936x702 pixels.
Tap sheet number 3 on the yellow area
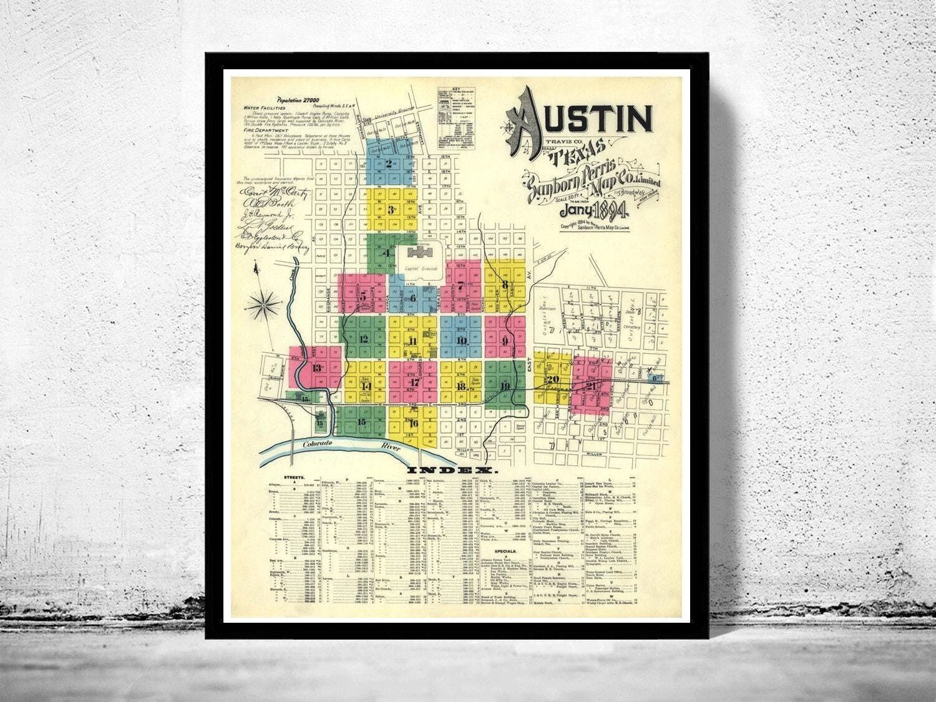point(391,210)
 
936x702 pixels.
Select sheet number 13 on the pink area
point(317,368)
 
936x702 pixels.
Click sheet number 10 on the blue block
point(461,341)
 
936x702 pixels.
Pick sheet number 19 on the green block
point(504,386)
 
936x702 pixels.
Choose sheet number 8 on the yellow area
point(505,285)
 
